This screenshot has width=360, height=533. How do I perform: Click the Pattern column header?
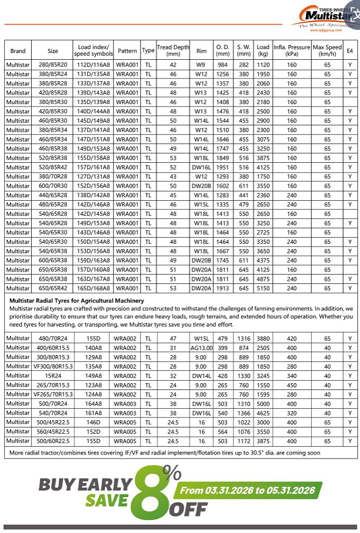pyautogui.click(x=127, y=51)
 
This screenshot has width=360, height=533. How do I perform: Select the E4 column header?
pyautogui.click(x=350, y=51)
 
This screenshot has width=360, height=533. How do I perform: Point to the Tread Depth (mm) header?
pyautogui.click(x=173, y=50)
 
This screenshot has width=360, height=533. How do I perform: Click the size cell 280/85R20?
pyautogui.click(x=53, y=65)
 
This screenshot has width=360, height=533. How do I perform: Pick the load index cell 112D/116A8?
pyautogui.click(x=93, y=65)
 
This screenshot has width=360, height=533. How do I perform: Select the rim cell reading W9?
pyautogui.click(x=201, y=65)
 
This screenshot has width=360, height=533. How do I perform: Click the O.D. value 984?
pyautogui.click(x=223, y=65)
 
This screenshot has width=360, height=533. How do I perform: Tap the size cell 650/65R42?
pyautogui.click(x=53, y=288)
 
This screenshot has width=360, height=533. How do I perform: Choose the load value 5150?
pyautogui.click(x=263, y=288)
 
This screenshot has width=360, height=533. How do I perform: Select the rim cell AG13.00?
pyautogui.click(x=201, y=348)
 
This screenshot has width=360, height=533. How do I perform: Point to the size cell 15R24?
pyautogui.click(x=53, y=376)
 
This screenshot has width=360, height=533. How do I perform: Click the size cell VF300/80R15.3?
pyautogui.click(x=53, y=367)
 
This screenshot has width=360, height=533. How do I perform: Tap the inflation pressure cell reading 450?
pyautogui.click(x=291, y=385)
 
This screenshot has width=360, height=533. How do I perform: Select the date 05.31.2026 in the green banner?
pyautogui.click(x=291, y=490)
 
